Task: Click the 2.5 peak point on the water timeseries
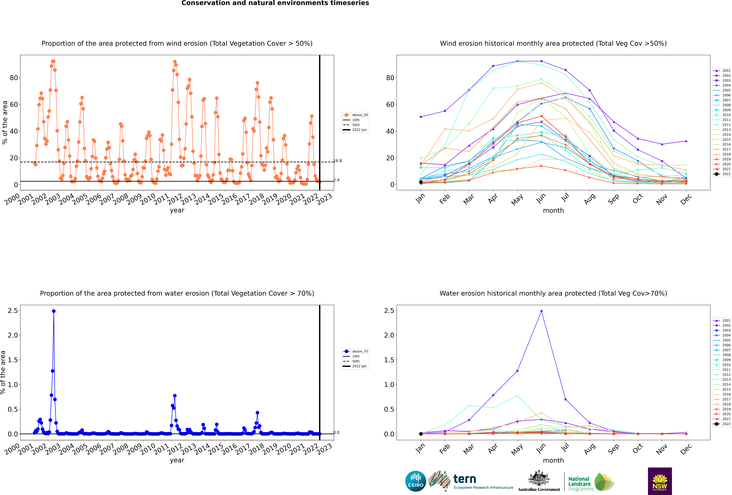tap(54, 311)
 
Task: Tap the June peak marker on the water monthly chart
tap(541, 311)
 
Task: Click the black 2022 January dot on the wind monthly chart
tap(421, 182)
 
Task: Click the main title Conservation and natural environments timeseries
tap(275, 3)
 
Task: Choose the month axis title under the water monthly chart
tap(553, 460)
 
